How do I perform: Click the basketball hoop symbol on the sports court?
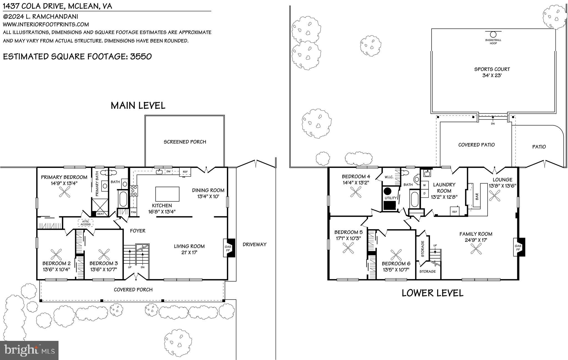pos(493,35)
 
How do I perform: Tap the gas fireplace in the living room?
pos(229,248)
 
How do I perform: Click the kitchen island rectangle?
pos(167,194)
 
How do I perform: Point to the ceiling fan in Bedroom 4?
pos(356,192)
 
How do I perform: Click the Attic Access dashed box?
pos(85,223)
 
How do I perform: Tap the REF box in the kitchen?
pos(185,172)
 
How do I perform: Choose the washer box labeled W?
pos(424,185)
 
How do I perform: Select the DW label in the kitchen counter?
pos(168,172)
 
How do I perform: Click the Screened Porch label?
pos(185,142)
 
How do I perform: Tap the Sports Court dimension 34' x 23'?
pos(492,75)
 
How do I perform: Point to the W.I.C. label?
pos(389,177)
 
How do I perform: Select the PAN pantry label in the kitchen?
pos(133,212)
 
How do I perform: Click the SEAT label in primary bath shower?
pos(100,214)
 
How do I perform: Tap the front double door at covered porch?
pos(136,276)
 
